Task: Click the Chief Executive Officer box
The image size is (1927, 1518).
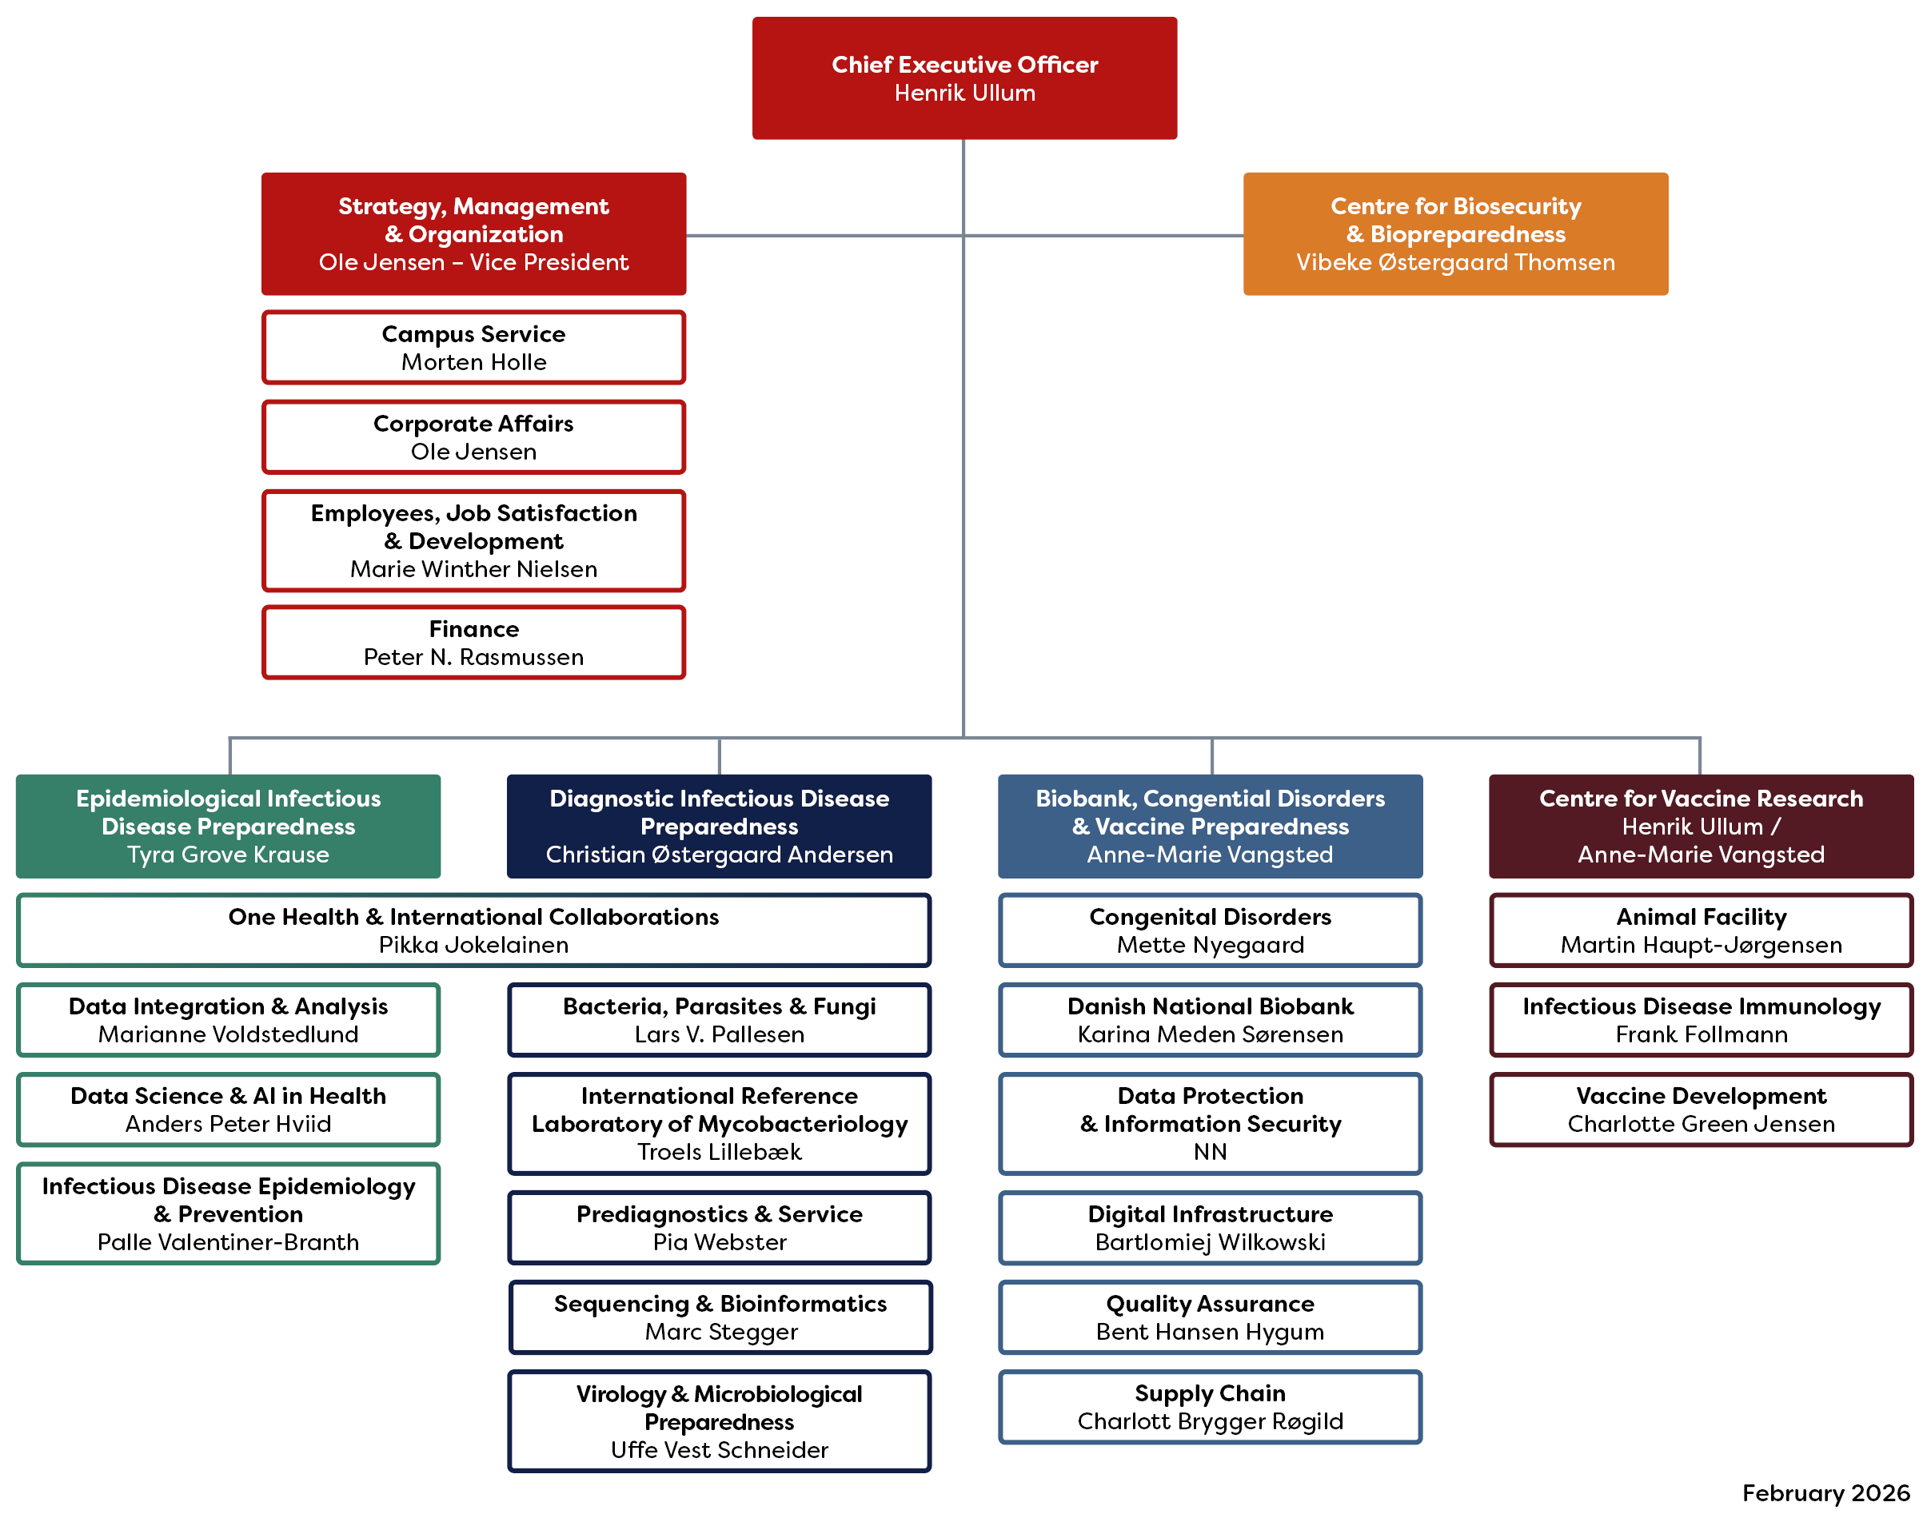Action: click(x=963, y=78)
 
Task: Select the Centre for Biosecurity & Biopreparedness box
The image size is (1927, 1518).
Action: click(x=1454, y=233)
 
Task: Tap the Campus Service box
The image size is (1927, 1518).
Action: click(x=473, y=348)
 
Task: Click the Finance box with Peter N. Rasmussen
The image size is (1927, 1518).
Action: click(x=473, y=643)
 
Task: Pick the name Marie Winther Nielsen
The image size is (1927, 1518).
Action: click(x=473, y=569)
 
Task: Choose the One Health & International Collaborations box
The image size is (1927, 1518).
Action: click(x=473, y=930)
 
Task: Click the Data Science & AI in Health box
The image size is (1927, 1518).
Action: click(x=229, y=1110)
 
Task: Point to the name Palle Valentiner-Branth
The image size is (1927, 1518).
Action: click(x=229, y=1241)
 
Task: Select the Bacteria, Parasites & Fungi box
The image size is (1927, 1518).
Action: click(x=719, y=1019)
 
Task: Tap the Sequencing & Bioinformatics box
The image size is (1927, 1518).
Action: click(x=720, y=1317)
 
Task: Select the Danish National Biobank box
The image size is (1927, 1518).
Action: click(x=1210, y=1019)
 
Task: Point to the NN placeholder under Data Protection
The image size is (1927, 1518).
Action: click(x=1210, y=1152)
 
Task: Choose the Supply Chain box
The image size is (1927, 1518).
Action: click(x=1210, y=1407)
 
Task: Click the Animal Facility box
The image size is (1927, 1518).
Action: click(x=1701, y=930)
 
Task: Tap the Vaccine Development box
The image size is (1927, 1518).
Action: click(x=1701, y=1110)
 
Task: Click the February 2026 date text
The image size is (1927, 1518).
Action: click(x=1825, y=1493)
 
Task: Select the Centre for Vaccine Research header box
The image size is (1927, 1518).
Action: click(x=1701, y=826)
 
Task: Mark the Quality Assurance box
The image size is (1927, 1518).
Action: click(x=1210, y=1317)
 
